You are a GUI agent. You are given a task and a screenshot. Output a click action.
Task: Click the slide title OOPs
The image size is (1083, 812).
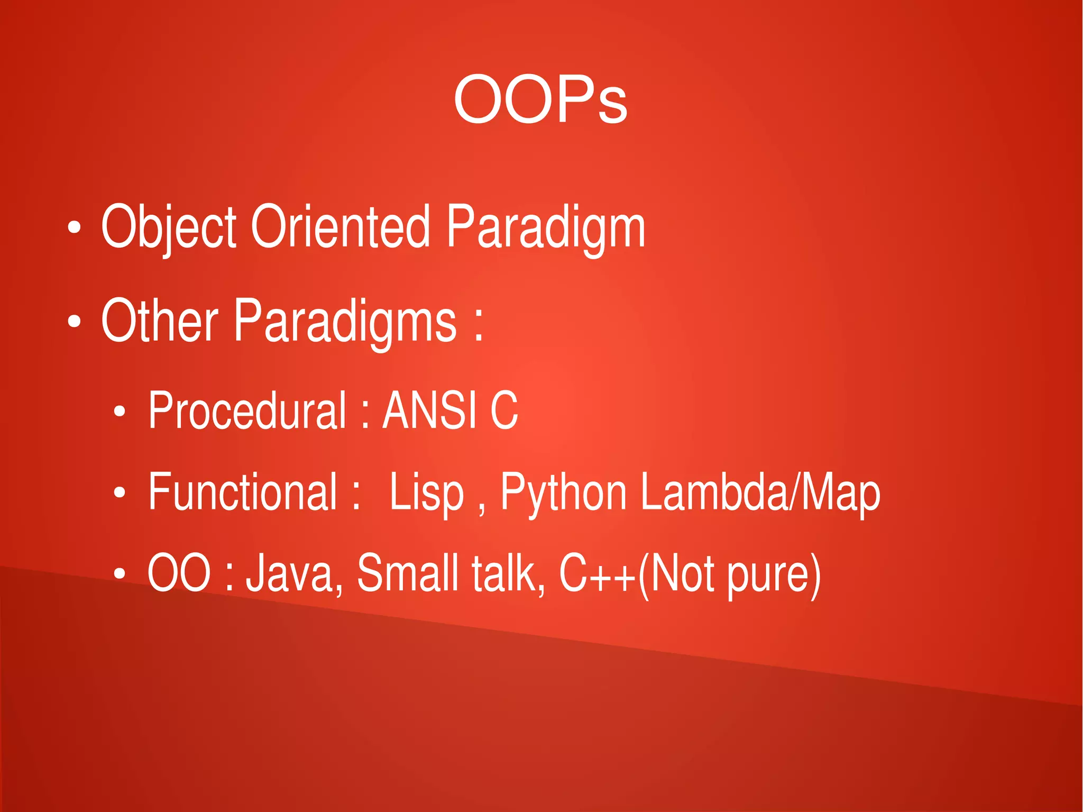point(540,99)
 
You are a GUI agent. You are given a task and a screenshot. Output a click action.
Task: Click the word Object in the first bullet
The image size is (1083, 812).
point(168,227)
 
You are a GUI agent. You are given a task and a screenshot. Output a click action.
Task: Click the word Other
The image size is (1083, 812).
point(159,321)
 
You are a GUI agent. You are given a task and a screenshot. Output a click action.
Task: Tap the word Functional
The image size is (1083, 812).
point(242,492)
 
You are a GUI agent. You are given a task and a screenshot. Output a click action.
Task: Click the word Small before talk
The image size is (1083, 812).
point(408,573)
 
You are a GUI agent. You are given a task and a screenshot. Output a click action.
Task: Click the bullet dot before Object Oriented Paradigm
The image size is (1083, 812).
point(75,228)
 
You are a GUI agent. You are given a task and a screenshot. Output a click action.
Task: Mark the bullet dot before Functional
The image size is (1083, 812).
point(120,493)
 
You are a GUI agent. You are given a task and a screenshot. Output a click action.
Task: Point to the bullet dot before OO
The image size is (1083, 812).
point(120,574)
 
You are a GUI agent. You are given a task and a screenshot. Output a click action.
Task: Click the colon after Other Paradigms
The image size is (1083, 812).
point(478,324)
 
